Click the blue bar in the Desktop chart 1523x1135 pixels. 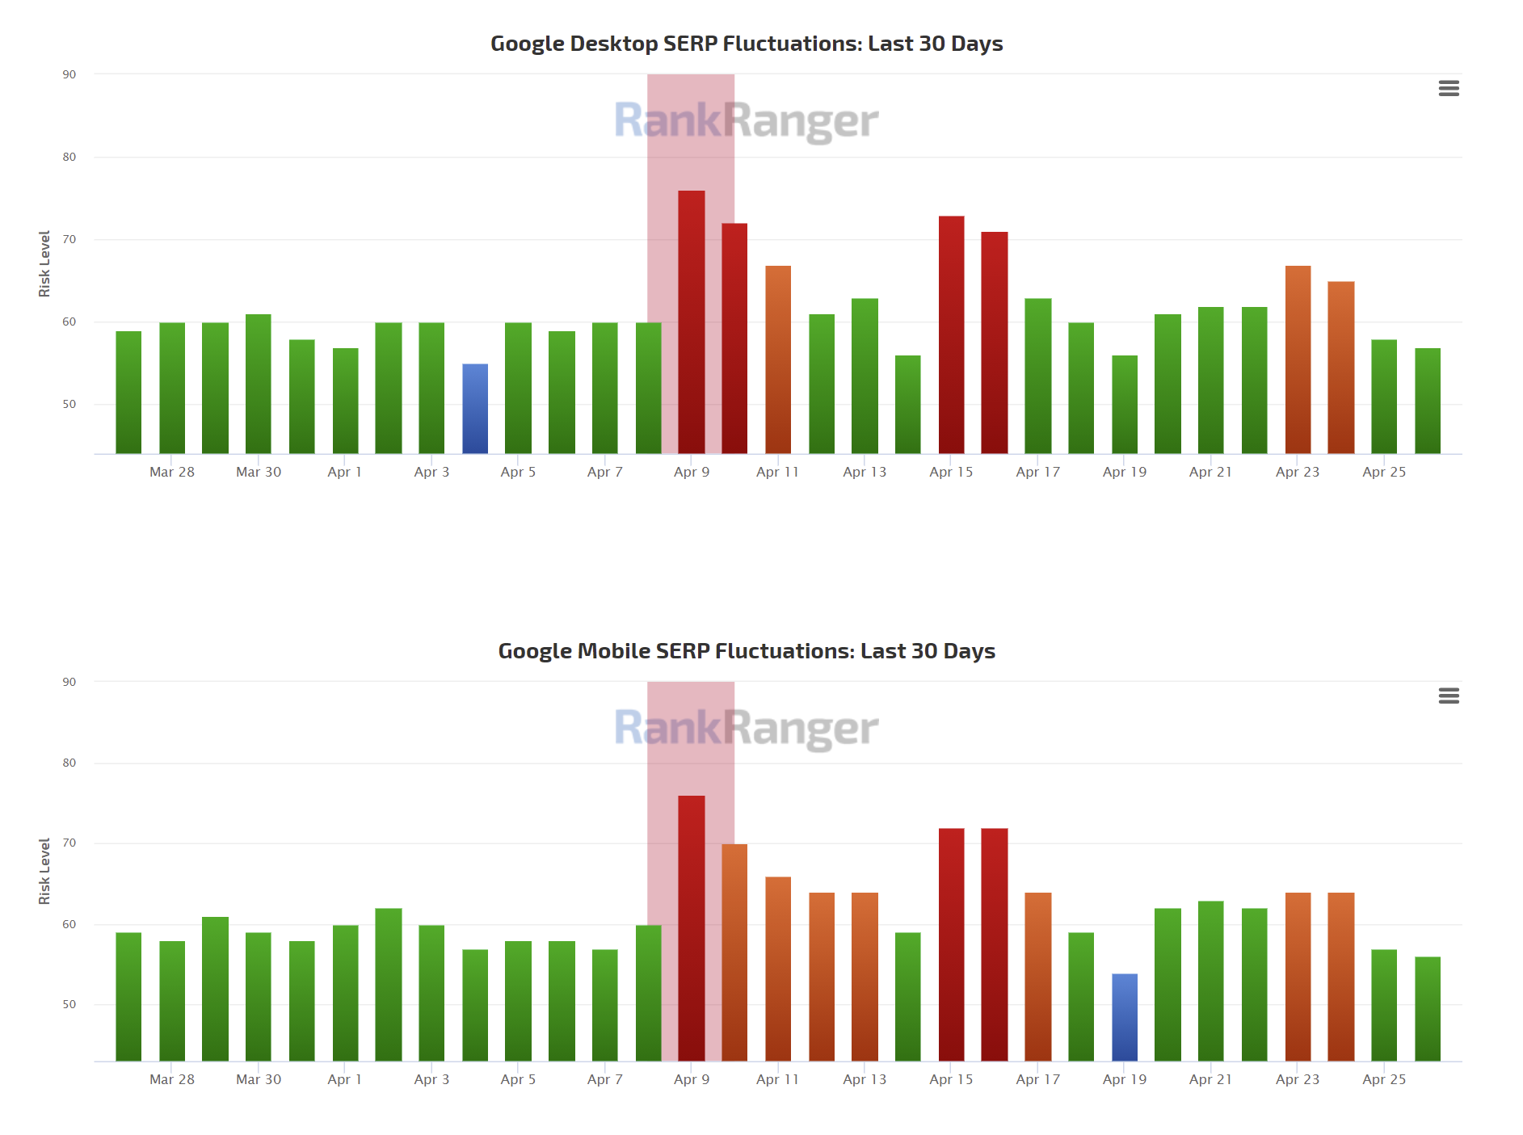[x=475, y=409]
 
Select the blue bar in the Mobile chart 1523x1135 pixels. [x=1124, y=1017]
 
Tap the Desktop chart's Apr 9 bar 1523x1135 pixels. [x=691, y=322]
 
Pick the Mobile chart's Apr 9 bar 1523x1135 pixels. [x=691, y=928]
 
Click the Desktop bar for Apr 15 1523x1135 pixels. [x=951, y=334]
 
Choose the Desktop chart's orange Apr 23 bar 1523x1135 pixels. [x=1298, y=359]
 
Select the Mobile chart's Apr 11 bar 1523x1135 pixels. [x=778, y=969]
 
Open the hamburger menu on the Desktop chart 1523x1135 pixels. [x=1449, y=89]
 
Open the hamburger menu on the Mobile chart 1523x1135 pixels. [x=1449, y=696]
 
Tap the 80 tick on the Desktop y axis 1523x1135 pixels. [x=69, y=157]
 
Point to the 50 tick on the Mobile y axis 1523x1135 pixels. [x=69, y=1004]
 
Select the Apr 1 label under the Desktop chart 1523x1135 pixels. [x=345, y=472]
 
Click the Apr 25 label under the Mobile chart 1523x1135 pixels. [x=1384, y=1079]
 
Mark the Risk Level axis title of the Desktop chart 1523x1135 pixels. [x=44, y=263]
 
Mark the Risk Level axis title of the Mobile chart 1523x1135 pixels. [x=44, y=871]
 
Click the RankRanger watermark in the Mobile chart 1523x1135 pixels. [x=746, y=728]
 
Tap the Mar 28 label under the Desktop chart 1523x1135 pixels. [x=172, y=472]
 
